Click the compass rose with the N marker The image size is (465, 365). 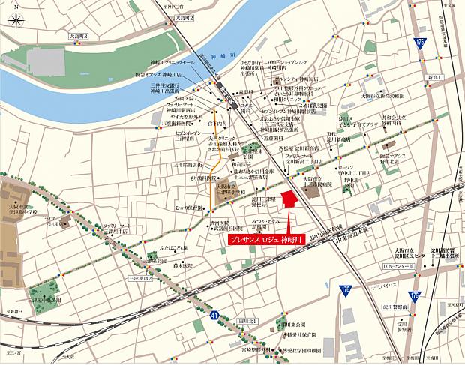(x=16, y=22)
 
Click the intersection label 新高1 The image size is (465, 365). (x=432, y=76)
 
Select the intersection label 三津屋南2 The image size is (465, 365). (x=140, y=280)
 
